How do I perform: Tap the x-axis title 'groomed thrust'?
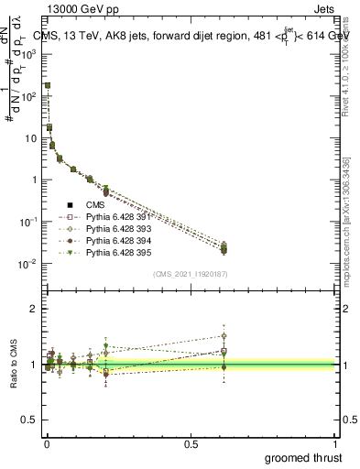point(304,457)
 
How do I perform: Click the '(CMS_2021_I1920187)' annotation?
point(191,274)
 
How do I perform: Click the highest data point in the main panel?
point(48,85)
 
